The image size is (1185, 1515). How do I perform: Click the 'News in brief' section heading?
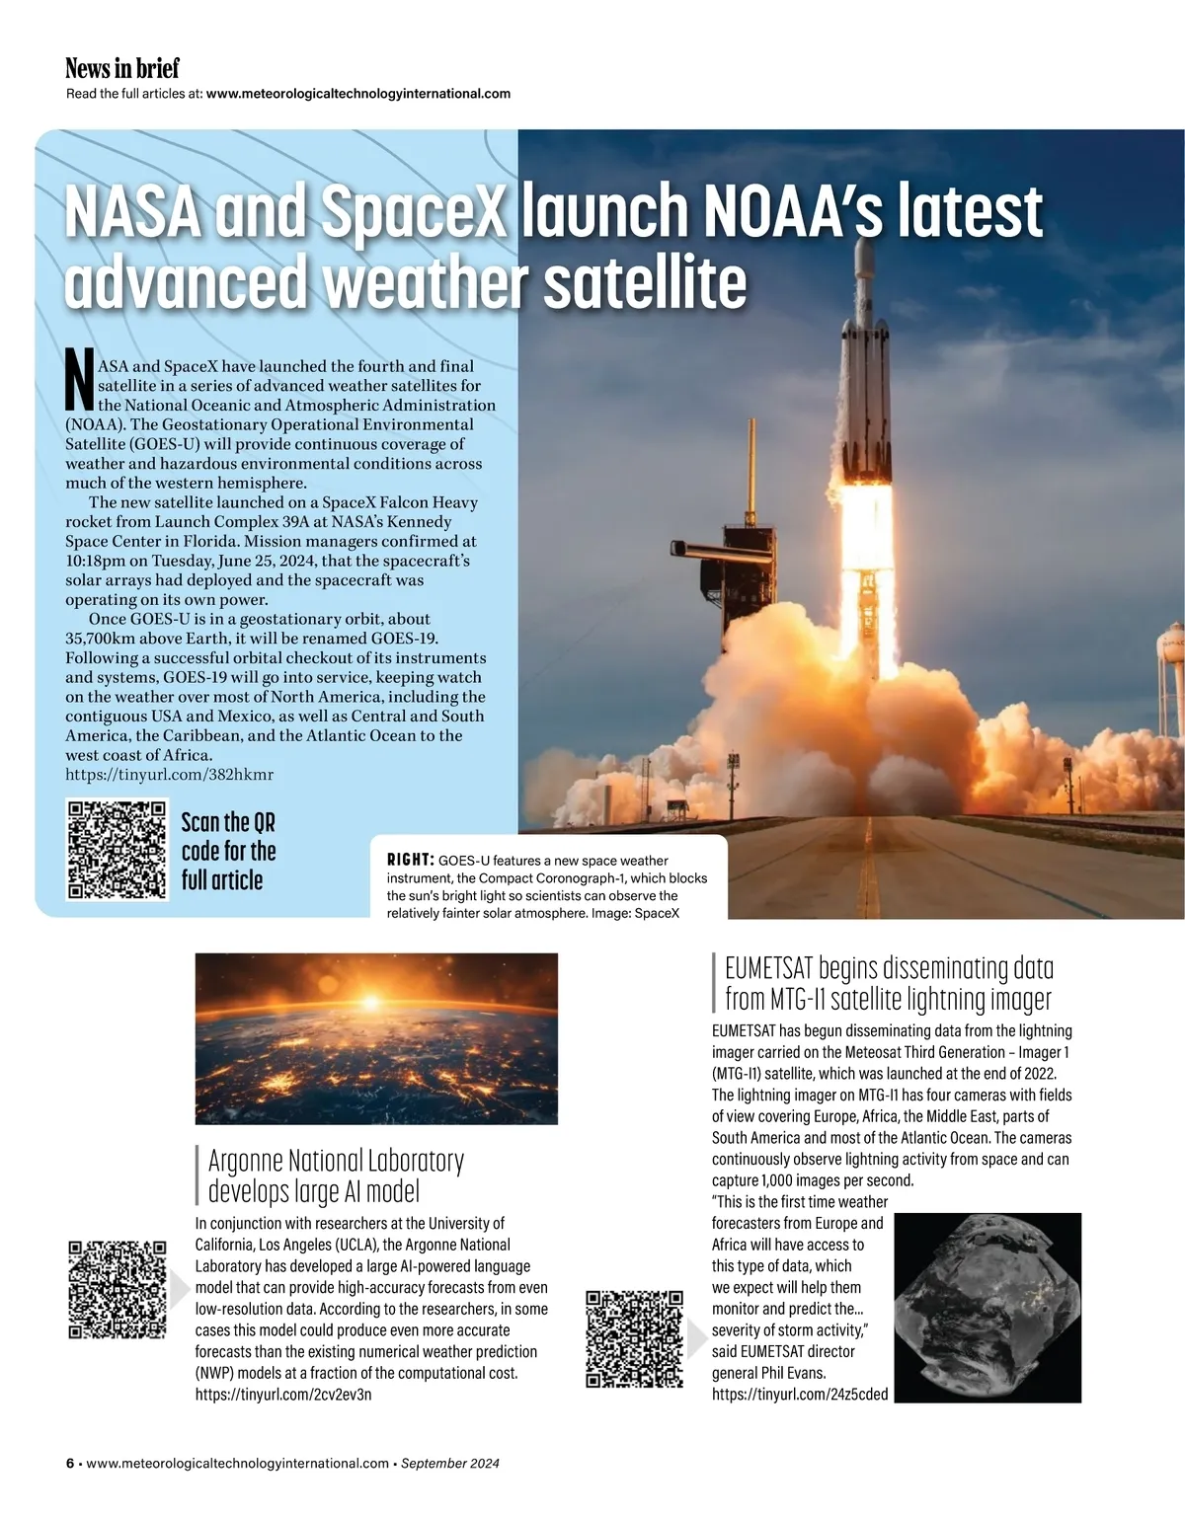tap(122, 68)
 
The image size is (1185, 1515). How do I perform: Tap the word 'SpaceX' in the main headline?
tap(415, 211)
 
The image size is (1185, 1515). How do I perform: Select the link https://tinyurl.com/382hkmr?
tap(169, 775)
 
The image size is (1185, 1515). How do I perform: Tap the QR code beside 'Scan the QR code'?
tap(117, 850)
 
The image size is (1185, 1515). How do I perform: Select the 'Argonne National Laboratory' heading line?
tap(336, 1161)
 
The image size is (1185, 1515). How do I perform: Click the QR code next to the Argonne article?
tap(117, 1289)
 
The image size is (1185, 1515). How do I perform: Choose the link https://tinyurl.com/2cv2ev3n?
tap(283, 1395)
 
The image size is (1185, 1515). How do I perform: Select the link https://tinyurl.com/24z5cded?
tap(800, 1395)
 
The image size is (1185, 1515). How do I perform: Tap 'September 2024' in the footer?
tap(450, 1464)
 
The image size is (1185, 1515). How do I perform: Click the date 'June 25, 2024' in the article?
tap(263, 561)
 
